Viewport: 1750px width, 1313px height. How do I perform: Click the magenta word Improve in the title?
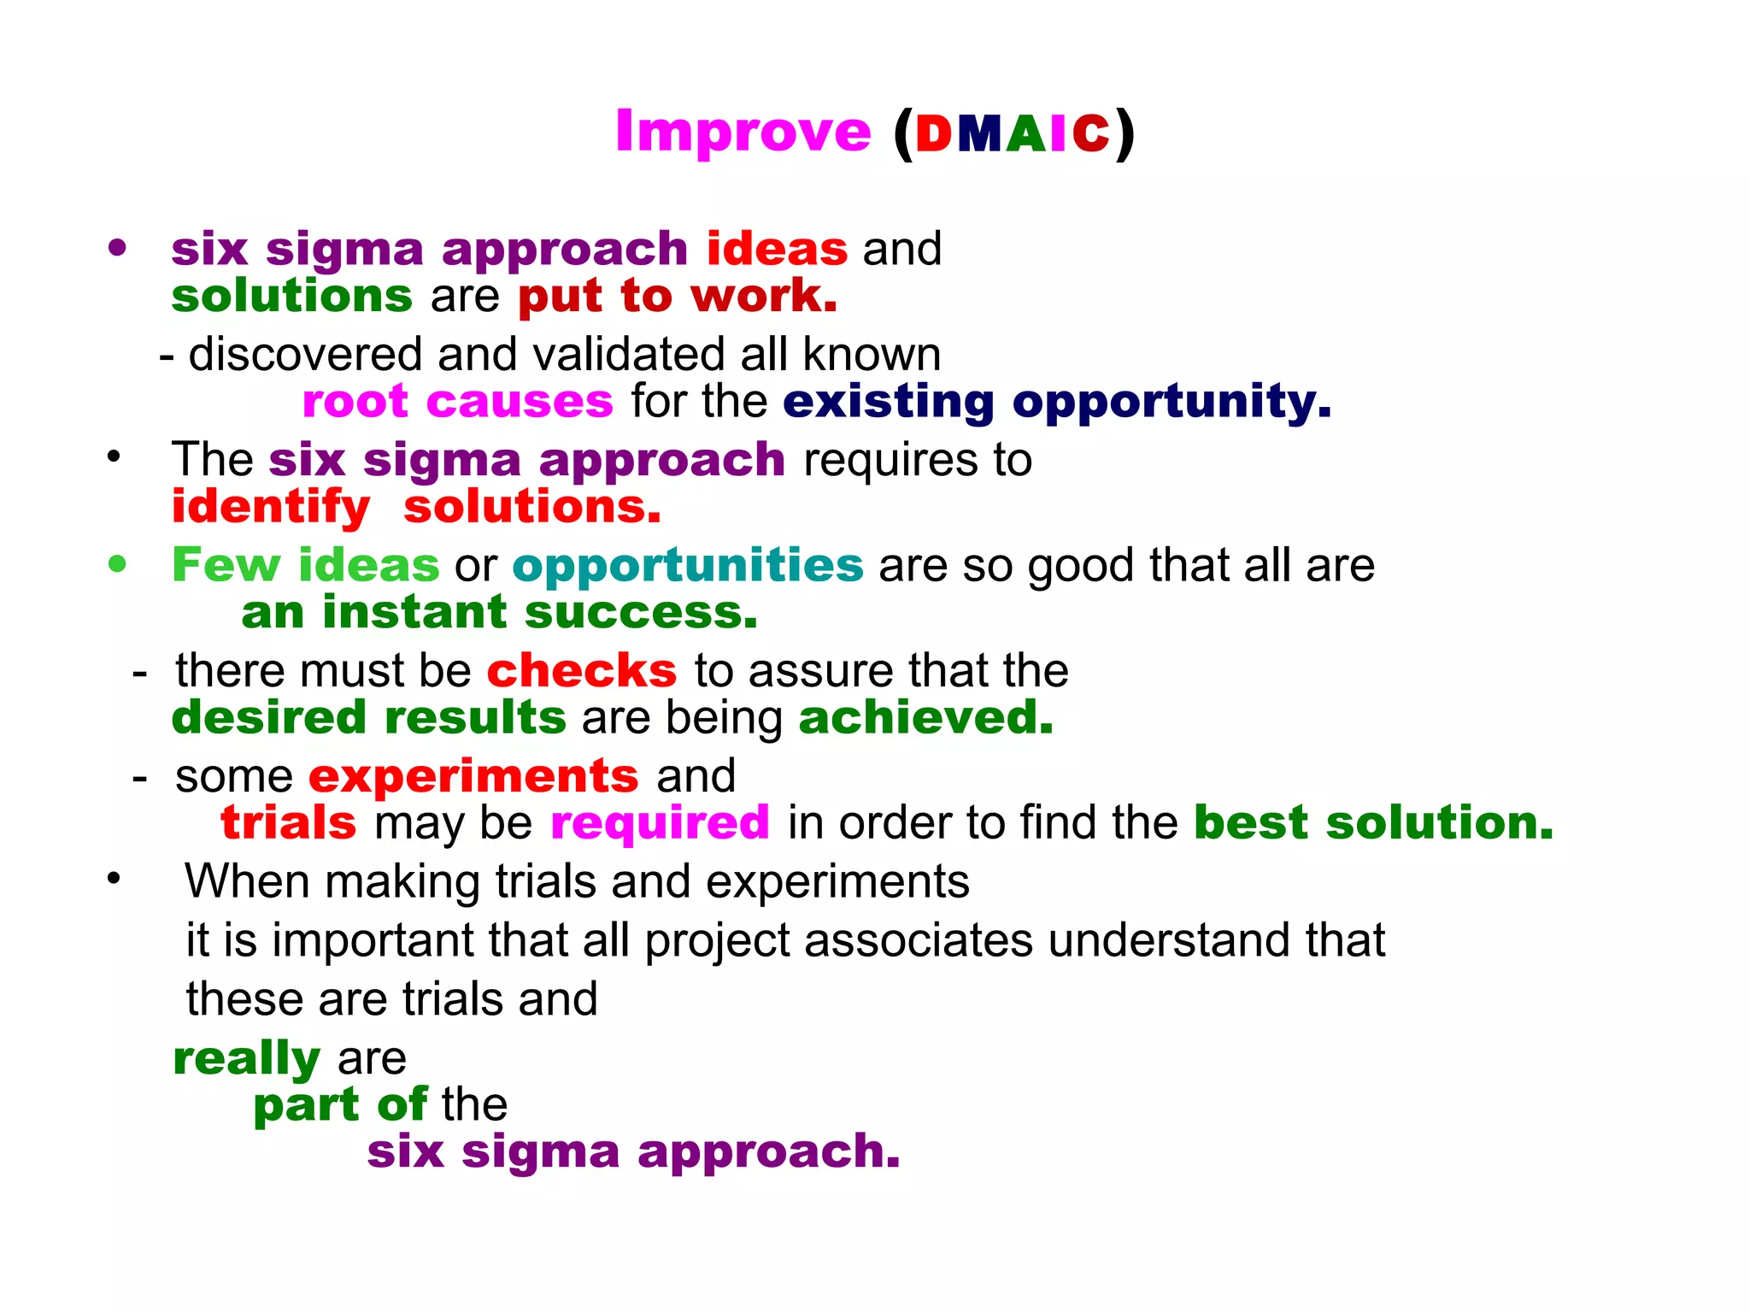[743, 132]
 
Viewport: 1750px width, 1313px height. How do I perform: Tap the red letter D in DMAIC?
[933, 135]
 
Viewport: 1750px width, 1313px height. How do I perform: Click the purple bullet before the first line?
[118, 249]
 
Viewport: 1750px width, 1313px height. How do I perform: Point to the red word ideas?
[777, 249]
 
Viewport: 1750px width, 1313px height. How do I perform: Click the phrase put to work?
[677, 297]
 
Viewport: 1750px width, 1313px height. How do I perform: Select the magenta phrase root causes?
[457, 401]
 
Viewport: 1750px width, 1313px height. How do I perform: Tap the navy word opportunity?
[1171, 401]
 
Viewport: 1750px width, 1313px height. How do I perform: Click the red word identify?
[270, 507]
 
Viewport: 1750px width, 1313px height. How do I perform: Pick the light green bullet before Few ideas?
[118, 564]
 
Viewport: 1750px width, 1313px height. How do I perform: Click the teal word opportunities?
[688, 565]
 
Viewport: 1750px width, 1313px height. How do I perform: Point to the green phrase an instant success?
[499, 612]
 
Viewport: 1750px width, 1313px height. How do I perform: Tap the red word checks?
[581, 670]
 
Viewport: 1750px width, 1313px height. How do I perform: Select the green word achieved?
[925, 717]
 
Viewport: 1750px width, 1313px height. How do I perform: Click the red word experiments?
[473, 776]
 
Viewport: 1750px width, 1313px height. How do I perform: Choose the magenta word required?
[660, 822]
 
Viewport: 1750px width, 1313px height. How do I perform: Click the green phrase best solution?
[1372, 822]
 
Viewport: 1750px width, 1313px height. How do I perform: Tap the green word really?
[246, 1058]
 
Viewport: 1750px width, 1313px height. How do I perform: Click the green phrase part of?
[340, 1104]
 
